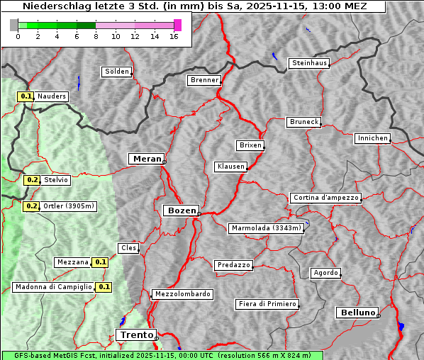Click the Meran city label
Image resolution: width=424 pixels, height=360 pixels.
coord(146,159)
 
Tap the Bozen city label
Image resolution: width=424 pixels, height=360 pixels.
coord(180,210)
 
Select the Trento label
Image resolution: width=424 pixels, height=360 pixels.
coord(135,335)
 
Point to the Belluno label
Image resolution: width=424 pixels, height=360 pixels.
coord(357,312)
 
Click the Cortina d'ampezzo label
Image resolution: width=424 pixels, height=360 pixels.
coord(325,198)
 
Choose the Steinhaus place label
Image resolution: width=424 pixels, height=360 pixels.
coord(310,63)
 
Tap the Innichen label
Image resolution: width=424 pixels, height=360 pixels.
coord(372,138)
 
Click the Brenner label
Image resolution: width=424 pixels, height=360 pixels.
coord(205,80)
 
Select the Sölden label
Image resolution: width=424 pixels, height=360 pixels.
coord(117,72)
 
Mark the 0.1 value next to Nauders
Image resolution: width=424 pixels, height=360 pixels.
coord(26,96)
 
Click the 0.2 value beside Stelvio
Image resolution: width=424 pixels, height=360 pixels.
coord(32,180)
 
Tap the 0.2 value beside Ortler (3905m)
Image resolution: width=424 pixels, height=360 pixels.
coord(32,206)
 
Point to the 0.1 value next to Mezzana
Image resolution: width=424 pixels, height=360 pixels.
coord(101,261)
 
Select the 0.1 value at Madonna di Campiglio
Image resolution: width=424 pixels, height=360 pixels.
coord(104,287)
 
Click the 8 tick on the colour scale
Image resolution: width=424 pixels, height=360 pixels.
coord(96,36)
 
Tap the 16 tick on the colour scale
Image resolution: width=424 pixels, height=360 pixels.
coord(174,36)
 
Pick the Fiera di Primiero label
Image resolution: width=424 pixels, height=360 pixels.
coord(267,304)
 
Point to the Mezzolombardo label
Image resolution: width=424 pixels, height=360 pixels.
coord(182,294)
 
